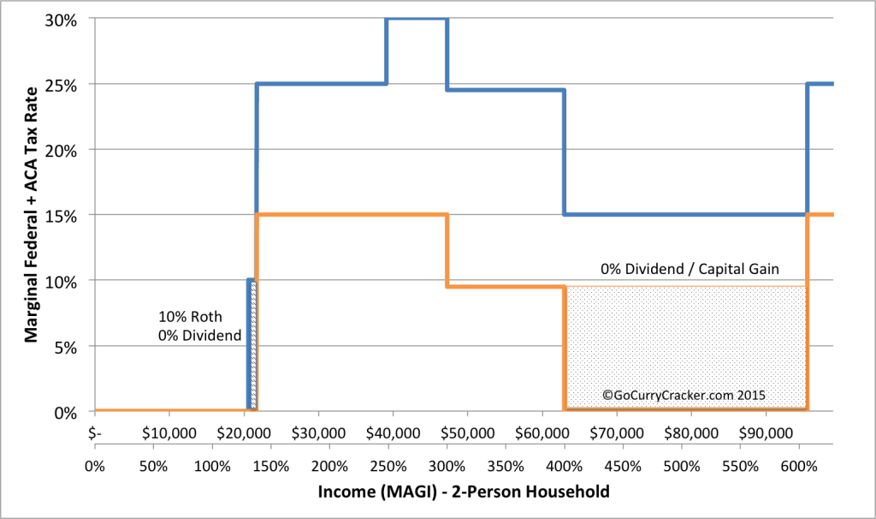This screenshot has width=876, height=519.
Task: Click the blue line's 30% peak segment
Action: tap(417, 19)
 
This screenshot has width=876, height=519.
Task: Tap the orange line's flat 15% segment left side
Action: tap(325, 215)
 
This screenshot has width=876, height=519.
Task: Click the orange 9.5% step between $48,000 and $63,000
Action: tap(505, 286)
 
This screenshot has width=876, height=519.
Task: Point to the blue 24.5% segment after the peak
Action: tap(505, 90)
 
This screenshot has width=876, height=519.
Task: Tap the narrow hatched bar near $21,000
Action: tap(253, 347)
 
